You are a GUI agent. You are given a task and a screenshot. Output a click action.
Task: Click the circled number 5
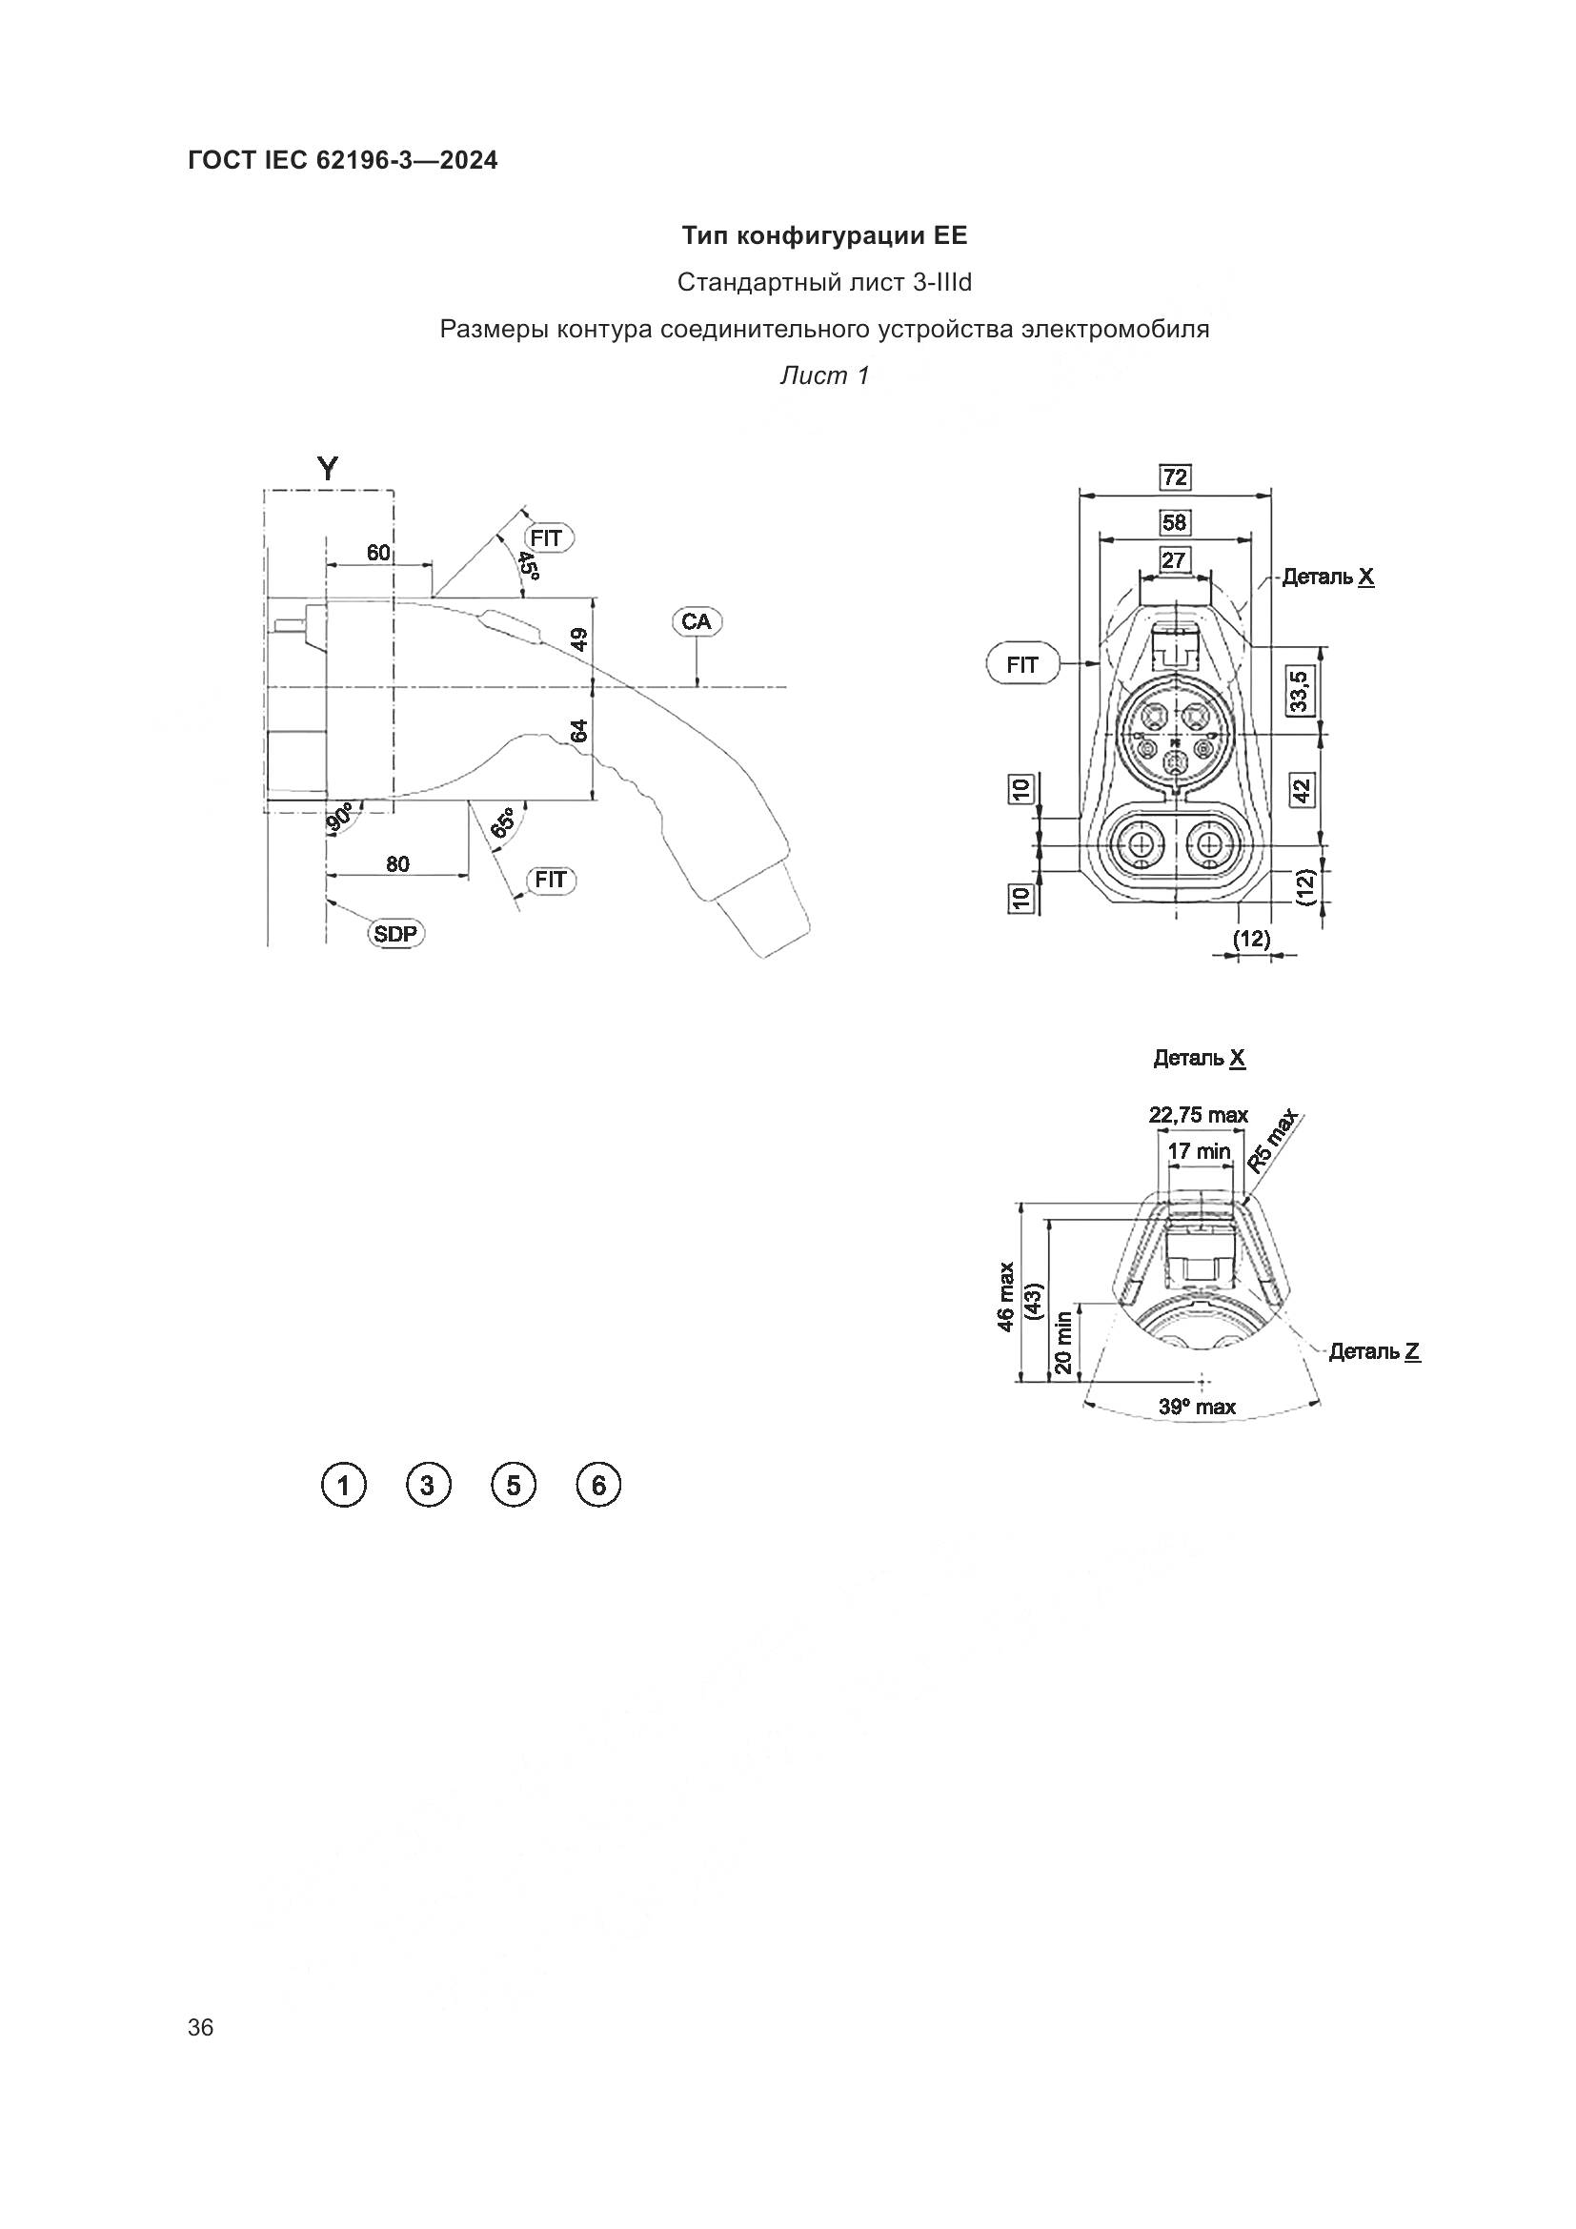(514, 1486)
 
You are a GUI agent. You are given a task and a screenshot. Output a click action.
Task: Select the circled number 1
(343, 1486)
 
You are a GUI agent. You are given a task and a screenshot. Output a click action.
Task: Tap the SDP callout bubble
(397, 934)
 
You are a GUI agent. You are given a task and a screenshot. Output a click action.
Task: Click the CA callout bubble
(696, 621)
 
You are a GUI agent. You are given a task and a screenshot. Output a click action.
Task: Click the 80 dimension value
(398, 863)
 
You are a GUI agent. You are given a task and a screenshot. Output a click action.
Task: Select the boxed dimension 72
(1175, 476)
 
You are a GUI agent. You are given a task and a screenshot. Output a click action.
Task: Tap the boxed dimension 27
(1174, 560)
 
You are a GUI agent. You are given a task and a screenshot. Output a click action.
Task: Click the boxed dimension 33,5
(1299, 689)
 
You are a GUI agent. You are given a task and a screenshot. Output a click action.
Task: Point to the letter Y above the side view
(329, 470)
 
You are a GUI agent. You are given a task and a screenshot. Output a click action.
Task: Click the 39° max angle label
(1198, 1407)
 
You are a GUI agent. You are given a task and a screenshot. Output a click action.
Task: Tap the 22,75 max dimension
(1199, 1115)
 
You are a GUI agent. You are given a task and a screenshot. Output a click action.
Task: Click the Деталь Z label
(1374, 1350)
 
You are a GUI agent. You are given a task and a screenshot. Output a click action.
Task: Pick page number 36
(201, 2027)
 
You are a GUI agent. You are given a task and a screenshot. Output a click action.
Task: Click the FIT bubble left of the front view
(1021, 665)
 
